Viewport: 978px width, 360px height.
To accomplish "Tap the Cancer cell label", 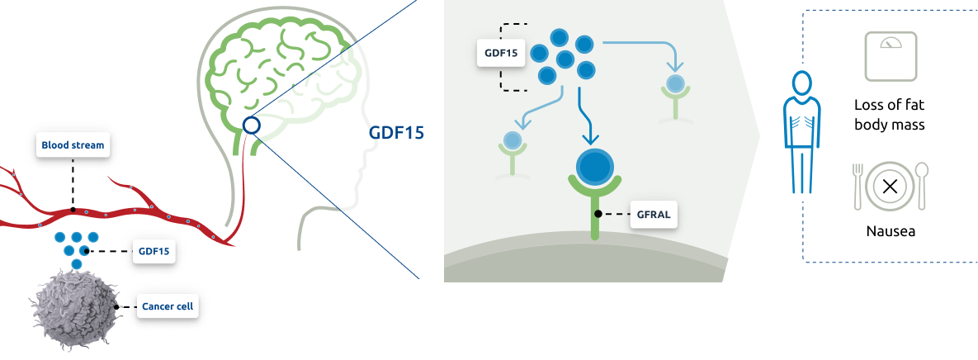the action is tap(168, 306).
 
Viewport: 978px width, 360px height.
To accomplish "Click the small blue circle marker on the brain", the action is tap(251, 126).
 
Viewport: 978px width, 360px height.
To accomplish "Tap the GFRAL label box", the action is tap(654, 214).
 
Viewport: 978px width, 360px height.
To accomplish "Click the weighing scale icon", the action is tap(891, 56).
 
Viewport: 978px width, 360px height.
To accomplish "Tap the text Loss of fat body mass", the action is tap(890, 115).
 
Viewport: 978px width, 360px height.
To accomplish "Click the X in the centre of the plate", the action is tap(890, 186).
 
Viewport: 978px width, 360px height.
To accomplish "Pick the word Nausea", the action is tap(890, 231).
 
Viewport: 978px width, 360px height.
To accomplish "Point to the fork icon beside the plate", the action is tap(858, 186).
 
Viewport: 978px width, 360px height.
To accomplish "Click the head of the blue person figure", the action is tap(801, 83).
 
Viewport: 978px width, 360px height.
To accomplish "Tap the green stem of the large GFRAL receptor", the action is tap(594, 216).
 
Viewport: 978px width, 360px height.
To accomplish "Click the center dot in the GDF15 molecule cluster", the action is tap(565, 60).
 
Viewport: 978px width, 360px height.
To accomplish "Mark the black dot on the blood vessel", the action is tap(73, 210).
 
